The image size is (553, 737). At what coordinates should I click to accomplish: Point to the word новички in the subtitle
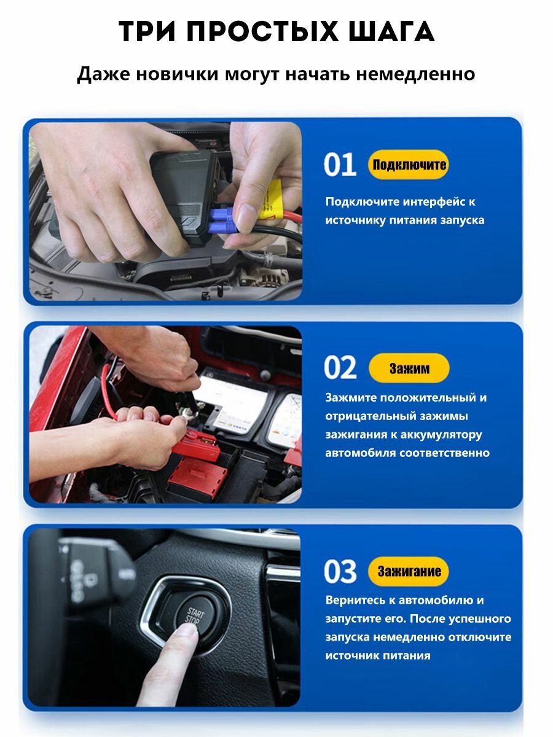pos(178,74)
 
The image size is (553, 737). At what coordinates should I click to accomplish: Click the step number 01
pos(340,165)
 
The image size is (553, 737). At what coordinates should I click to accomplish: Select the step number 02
pos(340,368)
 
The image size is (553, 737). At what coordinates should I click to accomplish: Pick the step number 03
pos(340,571)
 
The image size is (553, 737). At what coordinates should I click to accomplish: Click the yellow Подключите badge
pos(409,165)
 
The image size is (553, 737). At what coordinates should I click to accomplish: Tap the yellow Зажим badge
pos(409,368)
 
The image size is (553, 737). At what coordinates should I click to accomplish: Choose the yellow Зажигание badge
pos(409,571)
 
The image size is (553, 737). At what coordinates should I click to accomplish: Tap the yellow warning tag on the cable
pos(273,199)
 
